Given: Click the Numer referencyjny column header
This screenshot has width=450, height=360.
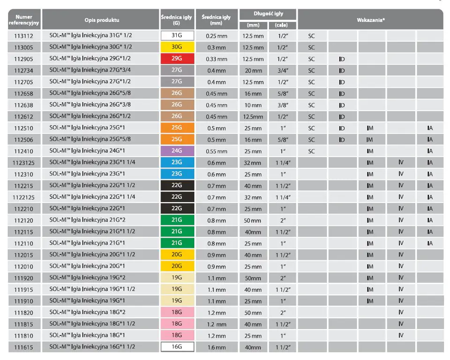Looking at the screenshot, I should click(x=24, y=20).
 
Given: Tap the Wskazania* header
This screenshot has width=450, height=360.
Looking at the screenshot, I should click(x=370, y=20).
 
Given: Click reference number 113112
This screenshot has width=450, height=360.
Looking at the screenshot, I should click(x=24, y=36).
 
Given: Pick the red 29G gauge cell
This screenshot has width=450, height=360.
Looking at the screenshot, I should click(x=177, y=59).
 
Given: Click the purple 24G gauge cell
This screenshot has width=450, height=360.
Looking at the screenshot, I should click(x=177, y=151).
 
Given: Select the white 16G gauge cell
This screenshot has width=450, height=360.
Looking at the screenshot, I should click(x=177, y=347).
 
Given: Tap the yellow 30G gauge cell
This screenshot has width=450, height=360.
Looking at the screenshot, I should click(x=177, y=47).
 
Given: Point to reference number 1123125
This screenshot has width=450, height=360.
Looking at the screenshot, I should click(x=24, y=163).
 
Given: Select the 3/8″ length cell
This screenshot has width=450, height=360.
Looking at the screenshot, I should click(x=283, y=105).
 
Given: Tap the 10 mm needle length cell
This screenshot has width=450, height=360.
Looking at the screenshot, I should click(x=253, y=105).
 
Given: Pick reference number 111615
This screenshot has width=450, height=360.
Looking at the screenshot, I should click(x=24, y=347).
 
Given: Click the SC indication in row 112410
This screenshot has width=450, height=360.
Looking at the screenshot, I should click(x=312, y=151).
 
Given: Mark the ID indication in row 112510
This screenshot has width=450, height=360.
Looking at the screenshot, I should click(x=342, y=128).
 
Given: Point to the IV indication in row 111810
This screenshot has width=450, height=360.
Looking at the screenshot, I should click(x=401, y=335).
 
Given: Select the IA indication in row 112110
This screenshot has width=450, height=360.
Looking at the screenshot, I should click(x=430, y=243).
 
